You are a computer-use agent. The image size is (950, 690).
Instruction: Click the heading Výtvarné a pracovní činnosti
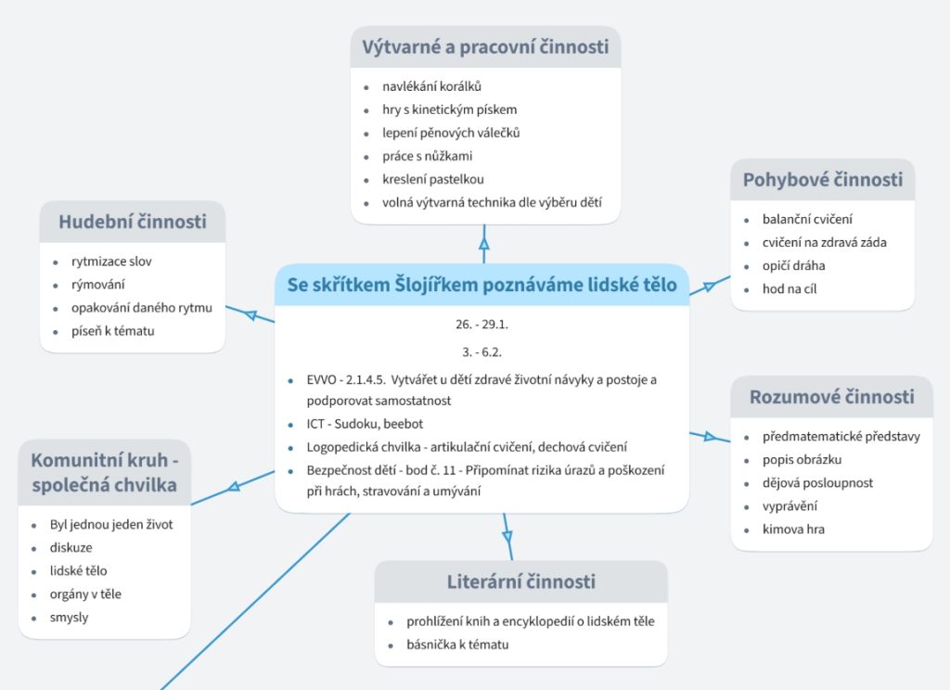pyautogui.click(x=485, y=46)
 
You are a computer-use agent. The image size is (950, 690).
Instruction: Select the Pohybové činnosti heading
pyautogui.click(x=822, y=180)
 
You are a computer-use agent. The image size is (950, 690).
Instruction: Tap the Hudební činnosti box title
pyautogui.click(x=133, y=222)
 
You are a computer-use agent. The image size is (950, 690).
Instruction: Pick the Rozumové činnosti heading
pyautogui.click(x=831, y=397)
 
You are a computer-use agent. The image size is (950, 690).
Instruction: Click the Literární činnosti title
pyautogui.click(x=520, y=582)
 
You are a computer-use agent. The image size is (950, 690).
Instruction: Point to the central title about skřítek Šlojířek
pyautogui.click(x=481, y=285)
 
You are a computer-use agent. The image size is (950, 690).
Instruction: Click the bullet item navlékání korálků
pyautogui.click(x=431, y=86)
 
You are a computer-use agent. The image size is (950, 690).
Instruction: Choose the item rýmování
pyautogui.click(x=98, y=285)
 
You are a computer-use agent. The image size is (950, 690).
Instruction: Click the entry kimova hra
pyautogui.click(x=793, y=530)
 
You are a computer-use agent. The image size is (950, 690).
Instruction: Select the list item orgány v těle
pyautogui.click(x=85, y=594)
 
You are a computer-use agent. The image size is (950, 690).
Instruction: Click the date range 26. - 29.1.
pyautogui.click(x=481, y=326)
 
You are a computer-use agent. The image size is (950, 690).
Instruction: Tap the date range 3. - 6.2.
pyautogui.click(x=481, y=351)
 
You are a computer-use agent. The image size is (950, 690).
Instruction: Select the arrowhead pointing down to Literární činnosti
pyautogui.click(x=507, y=535)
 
